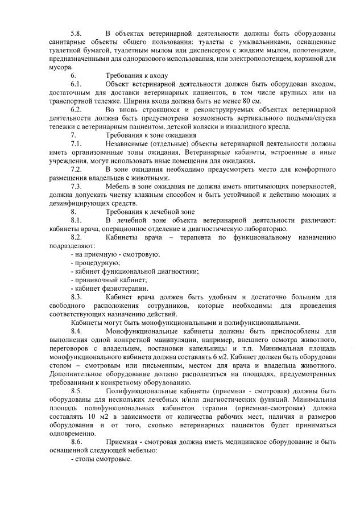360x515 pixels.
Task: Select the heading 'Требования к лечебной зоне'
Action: [x=150, y=211]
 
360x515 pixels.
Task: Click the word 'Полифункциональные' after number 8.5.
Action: [x=144, y=392]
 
